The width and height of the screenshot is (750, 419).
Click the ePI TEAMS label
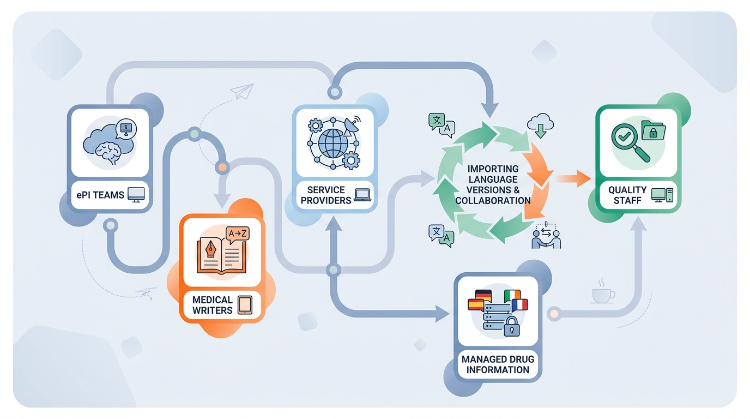coord(100,195)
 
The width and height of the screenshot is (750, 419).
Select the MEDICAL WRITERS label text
coord(212,305)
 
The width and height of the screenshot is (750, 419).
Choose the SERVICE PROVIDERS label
coord(326,195)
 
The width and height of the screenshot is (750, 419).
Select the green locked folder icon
coord(653,130)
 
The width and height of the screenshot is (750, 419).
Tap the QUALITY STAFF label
coord(627,195)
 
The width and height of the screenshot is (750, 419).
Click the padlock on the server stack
coord(511,326)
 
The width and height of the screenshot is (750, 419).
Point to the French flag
coord(519,305)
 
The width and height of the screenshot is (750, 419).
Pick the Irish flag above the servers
coord(512,296)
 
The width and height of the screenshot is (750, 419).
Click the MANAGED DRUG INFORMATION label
coord(498,364)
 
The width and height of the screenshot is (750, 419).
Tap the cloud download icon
coord(540,125)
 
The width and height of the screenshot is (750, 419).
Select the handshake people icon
coord(546,236)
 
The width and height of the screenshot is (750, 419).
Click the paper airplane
coord(242,91)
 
